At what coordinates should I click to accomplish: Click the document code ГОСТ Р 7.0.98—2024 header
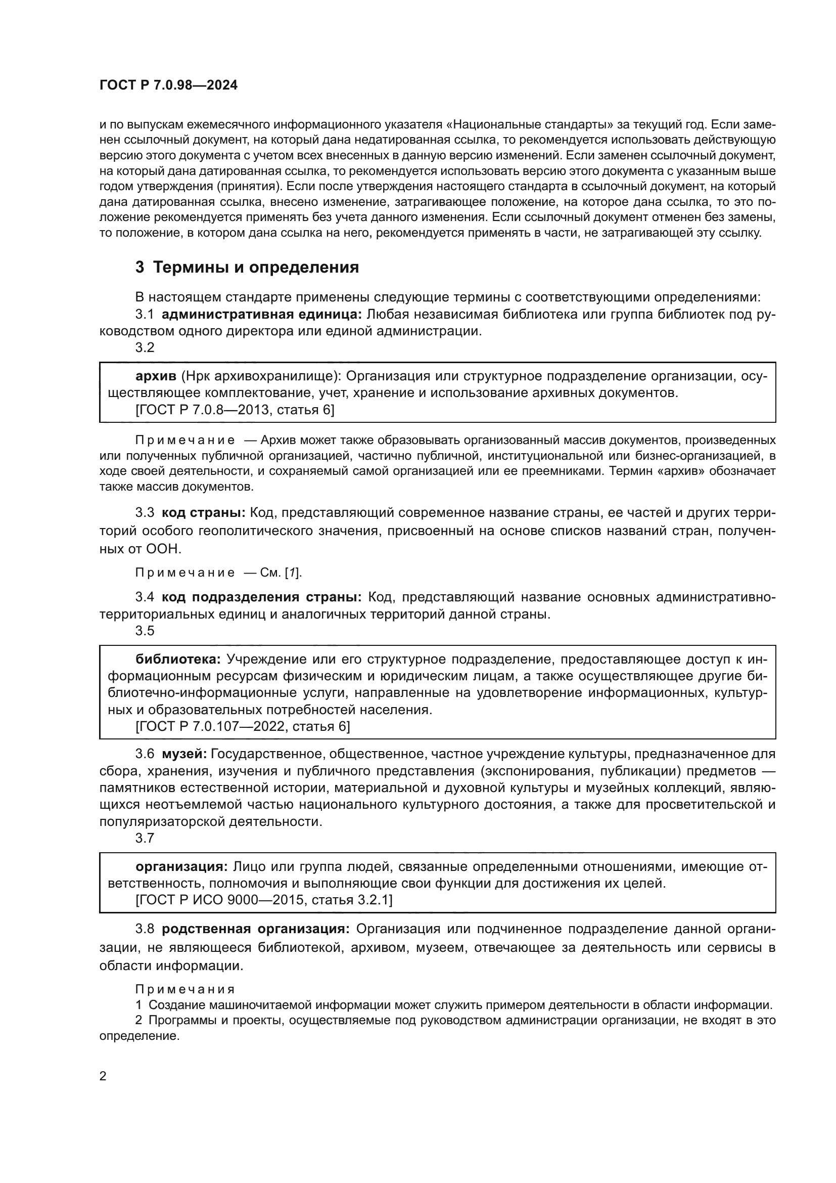tap(168, 85)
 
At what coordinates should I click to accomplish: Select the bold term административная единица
tap(262, 314)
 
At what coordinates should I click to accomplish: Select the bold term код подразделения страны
tap(262, 597)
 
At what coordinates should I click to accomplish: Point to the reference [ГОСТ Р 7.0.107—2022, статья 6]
tap(243, 726)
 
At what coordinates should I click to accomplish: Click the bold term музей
tap(184, 754)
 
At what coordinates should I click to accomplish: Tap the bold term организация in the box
tap(181, 867)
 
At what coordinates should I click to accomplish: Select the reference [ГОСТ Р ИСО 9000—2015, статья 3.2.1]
tap(263, 900)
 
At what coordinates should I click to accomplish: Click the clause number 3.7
tap(145, 838)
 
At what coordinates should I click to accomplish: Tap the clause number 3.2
tap(145, 348)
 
